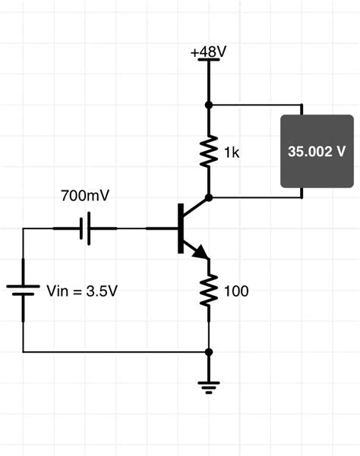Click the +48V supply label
[208, 52]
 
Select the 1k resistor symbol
[209, 151]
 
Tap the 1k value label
[232, 153]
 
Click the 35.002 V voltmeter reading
[317, 151]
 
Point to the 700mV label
[85, 196]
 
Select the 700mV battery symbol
[86, 228]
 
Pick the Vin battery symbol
[24, 288]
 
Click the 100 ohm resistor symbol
[209, 291]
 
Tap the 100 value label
[236, 291]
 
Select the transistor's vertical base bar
[181, 228]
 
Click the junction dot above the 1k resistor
[209, 105]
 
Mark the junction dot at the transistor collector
[209, 197]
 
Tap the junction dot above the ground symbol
[209, 352]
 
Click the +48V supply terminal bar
[209, 61]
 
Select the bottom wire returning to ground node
[114, 352]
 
